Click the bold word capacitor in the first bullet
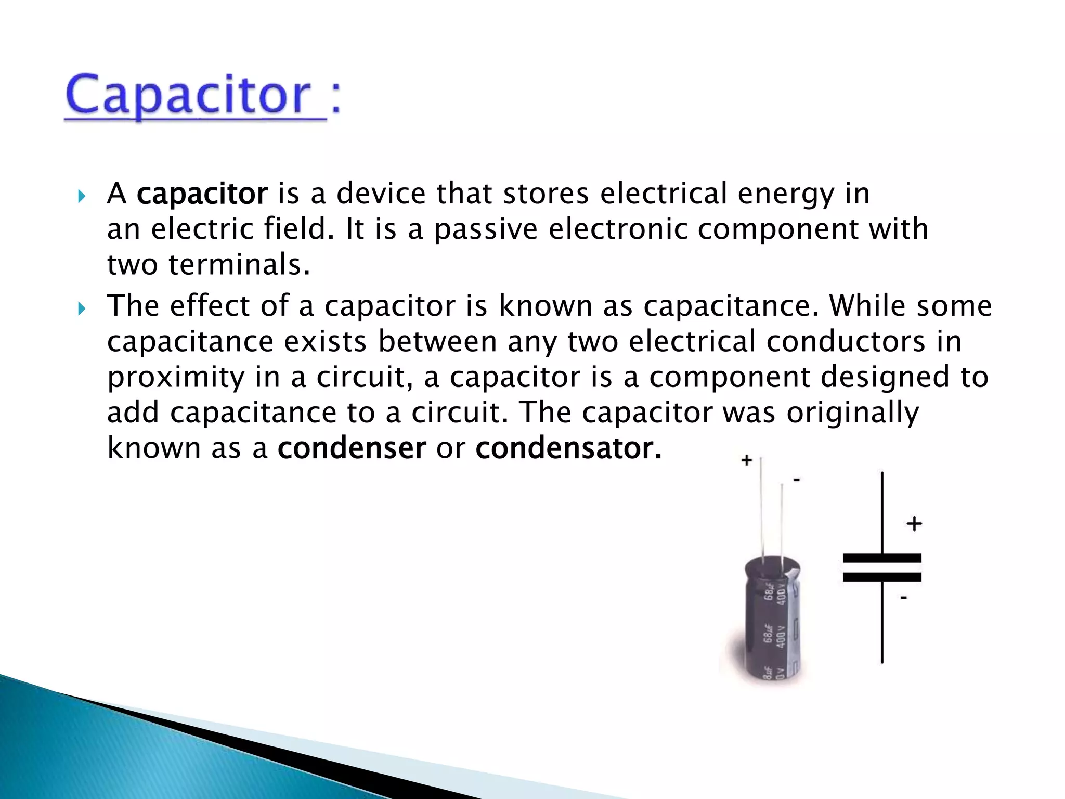coord(202,194)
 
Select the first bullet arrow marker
coord(81,197)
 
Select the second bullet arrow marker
coord(81,310)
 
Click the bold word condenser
coord(352,448)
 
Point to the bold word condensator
coord(568,448)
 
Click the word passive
coord(486,229)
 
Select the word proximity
coord(176,378)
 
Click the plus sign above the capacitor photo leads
coord(747,460)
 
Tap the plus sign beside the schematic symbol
coord(914,523)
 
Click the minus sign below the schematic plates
coord(904,598)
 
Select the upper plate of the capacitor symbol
coord(882,559)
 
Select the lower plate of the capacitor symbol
coord(882,577)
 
